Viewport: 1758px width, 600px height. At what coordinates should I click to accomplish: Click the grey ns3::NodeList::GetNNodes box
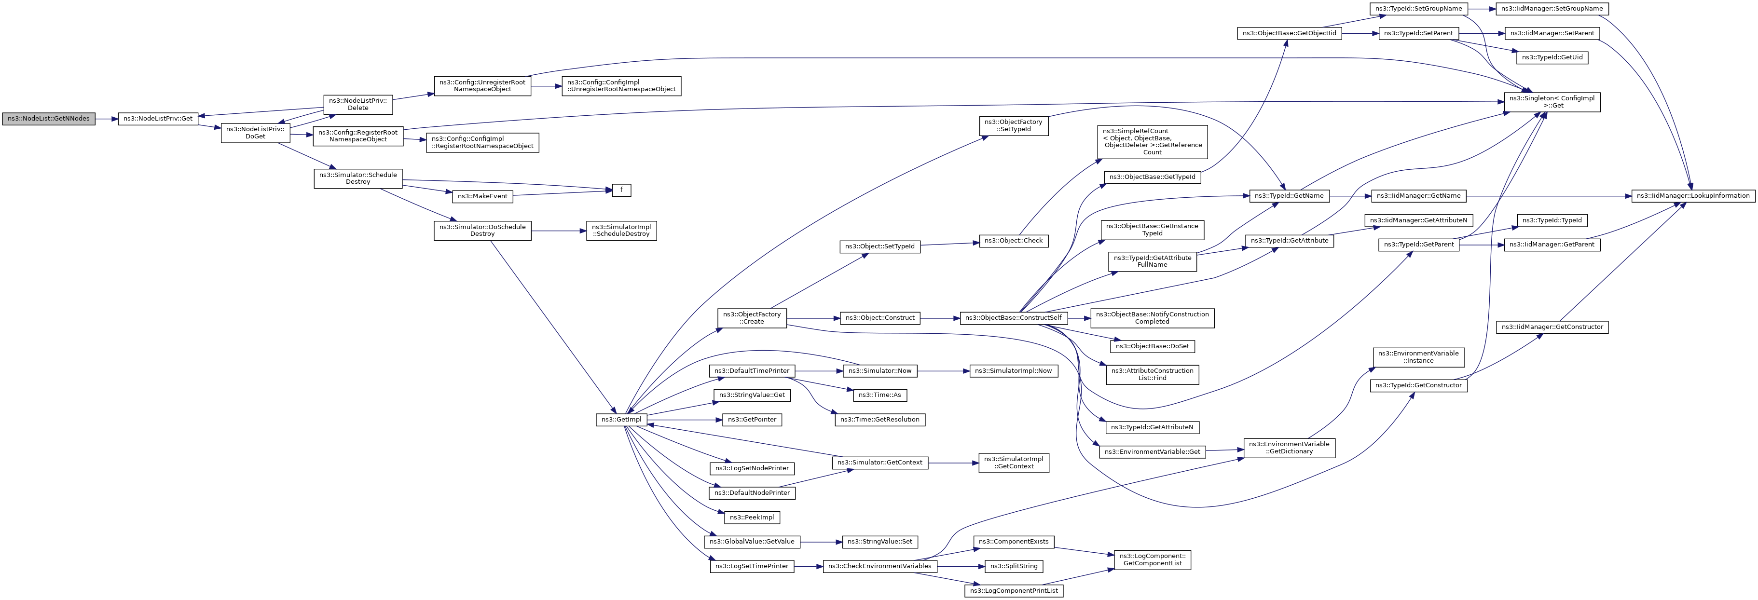point(48,119)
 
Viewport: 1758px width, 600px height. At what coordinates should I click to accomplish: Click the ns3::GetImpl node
point(620,420)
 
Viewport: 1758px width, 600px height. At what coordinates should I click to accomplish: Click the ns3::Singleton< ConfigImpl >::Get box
point(1552,102)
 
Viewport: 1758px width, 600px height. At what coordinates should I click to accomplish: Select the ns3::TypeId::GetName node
point(1289,196)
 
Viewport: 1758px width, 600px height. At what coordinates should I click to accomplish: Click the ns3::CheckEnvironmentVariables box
point(879,566)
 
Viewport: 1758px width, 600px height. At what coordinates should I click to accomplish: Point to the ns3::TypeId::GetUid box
point(1552,57)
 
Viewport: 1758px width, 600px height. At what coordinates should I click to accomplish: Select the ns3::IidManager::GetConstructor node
point(1552,327)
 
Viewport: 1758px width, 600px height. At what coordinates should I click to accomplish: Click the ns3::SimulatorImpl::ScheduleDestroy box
point(621,231)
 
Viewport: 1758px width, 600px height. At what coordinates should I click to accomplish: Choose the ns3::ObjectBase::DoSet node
point(1153,346)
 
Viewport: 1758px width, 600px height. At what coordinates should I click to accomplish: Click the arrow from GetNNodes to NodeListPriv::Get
point(107,119)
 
